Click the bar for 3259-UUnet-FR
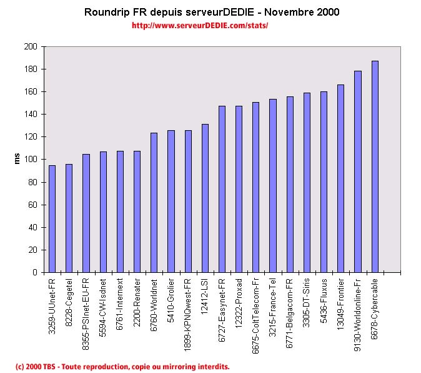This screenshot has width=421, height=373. (x=52, y=219)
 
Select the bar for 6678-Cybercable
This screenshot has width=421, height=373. (x=375, y=166)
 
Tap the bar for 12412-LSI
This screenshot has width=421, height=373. (x=205, y=198)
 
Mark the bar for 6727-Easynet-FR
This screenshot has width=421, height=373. (x=222, y=189)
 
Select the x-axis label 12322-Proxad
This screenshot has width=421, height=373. (x=239, y=299)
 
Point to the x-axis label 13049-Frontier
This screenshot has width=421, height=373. (x=341, y=300)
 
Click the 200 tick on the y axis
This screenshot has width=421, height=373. (x=31, y=47)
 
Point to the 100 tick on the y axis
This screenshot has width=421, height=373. (x=31, y=160)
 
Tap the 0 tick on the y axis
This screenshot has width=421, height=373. (x=34, y=273)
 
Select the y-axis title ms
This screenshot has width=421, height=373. (x=18, y=160)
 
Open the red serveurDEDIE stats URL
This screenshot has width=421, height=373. (x=200, y=26)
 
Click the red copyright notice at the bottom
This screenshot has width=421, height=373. (x=122, y=366)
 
